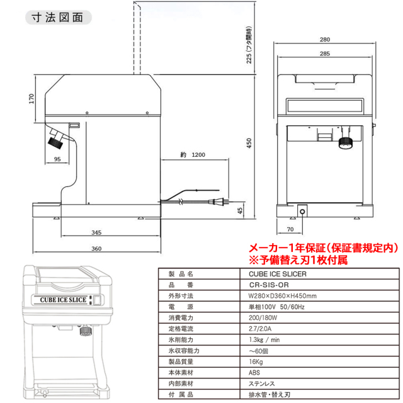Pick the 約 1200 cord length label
click(193, 154)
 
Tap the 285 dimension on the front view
click(325, 54)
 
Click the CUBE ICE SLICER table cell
click(273, 275)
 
